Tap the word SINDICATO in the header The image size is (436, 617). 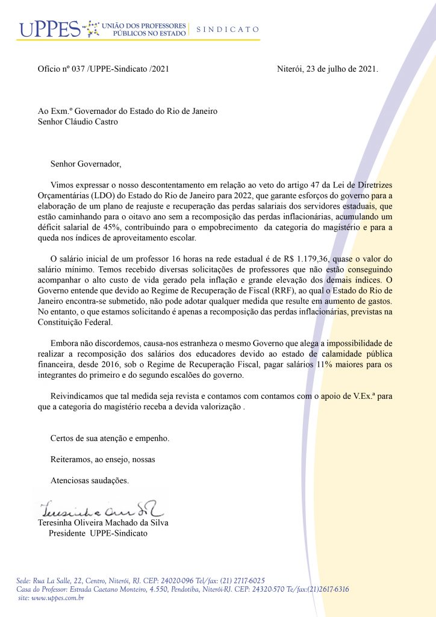pyautogui.click(x=228, y=29)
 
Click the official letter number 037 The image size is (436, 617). pyautogui.click(x=79, y=69)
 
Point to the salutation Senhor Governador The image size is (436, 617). pyautogui.click(x=86, y=163)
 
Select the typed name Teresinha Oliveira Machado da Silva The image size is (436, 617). pyautogui.click(x=103, y=522)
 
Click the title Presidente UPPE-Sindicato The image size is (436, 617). pyautogui.click(x=98, y=533)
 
